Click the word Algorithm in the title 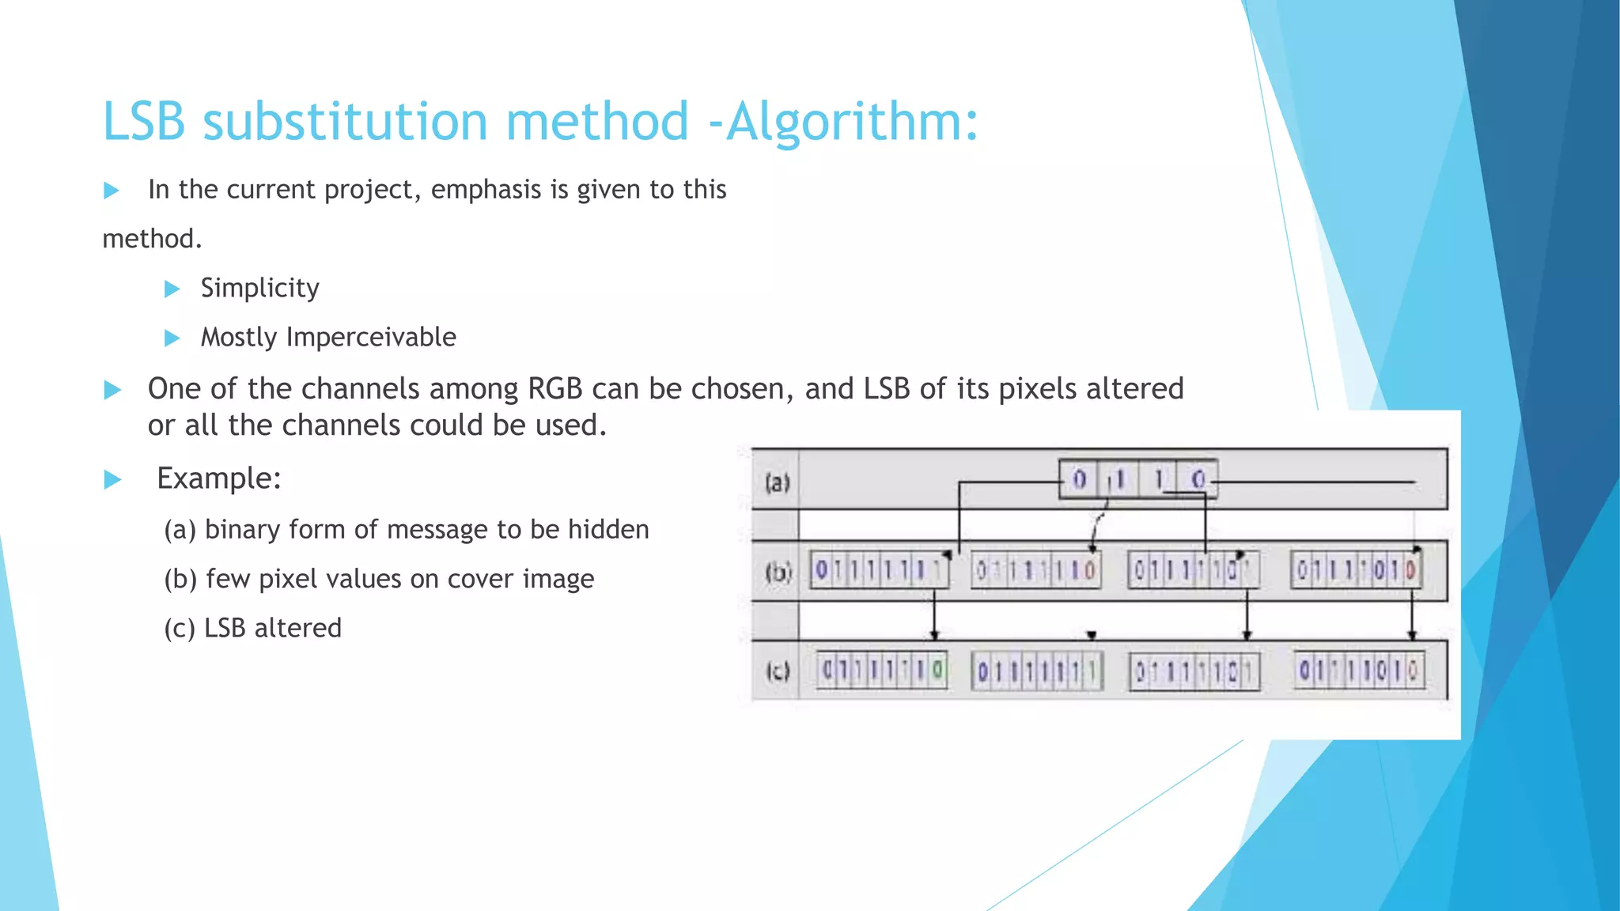click(x=851, y=122)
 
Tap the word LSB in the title click(x=144, y=122)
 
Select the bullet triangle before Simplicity click(x=172, y=289)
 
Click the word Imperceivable click(x=371, y=338)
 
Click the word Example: click(x=219, y=478)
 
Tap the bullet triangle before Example click(x=112, y=479)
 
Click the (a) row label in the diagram click(x=777, y=482)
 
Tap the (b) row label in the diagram click(x=778, y=571)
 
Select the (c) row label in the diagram click(x=778, y=671)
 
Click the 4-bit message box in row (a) click(x=1137, y=479)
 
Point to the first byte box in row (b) click(x=879, y=570)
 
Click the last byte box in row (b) click(x=1357, y=570)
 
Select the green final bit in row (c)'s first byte click(x=937, y=671)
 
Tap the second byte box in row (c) click(x=1036, y=672)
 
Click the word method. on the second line click(x=152, y=239)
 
